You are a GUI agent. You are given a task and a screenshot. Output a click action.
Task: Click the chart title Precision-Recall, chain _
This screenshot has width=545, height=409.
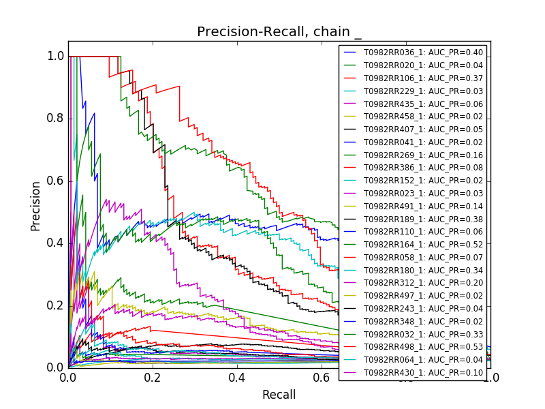279,32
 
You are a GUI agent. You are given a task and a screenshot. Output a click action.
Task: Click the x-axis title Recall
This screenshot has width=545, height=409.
279,395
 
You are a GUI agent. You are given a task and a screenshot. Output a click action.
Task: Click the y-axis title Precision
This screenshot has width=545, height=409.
35,205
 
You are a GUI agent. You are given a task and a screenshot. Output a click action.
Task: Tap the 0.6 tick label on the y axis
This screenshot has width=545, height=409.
56,181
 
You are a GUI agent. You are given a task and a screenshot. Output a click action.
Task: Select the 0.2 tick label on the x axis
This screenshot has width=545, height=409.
153,378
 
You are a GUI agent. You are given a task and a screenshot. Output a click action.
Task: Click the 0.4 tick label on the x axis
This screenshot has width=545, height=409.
237,378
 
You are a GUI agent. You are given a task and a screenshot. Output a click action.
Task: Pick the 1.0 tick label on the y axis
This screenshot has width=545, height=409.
56,57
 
